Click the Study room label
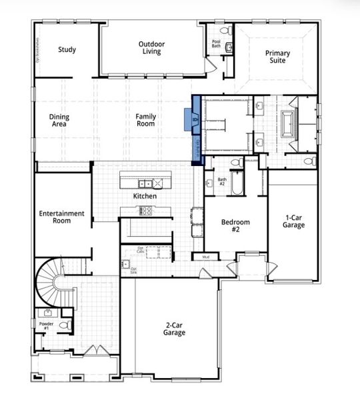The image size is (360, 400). [x=67, y=49]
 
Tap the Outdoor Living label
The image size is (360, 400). [x=151, y=48]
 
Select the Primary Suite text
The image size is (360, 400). [x=277, y=57]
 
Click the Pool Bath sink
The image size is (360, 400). [x=228, y=47]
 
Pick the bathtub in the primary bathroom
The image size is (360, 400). [x=291, y=124]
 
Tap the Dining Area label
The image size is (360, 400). [x=59, y=120]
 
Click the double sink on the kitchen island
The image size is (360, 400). [x=145, y=183]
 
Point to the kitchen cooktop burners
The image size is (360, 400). [x=146, y=210]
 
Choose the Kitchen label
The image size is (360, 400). [x=145, y=197]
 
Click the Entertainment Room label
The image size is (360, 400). [x=61, y=217]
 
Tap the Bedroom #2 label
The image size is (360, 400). [x=235, y=225]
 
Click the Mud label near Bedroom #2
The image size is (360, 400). [x=205, y=256]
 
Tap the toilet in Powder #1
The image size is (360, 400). [x=64, y=325]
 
